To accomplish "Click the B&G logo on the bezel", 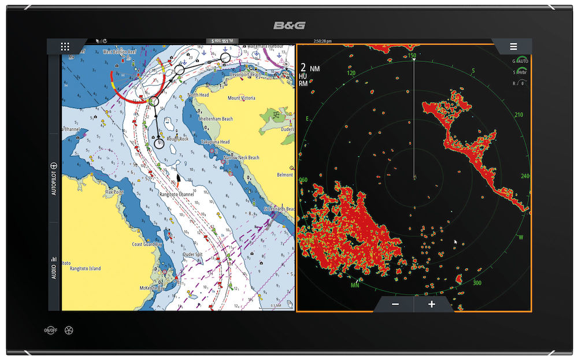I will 289,26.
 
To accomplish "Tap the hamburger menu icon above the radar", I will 513,47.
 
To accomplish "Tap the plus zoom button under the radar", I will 431,305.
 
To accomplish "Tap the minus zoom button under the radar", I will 395,305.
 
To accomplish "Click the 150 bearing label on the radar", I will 412,55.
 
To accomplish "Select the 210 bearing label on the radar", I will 518,115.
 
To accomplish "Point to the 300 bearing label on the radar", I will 477,283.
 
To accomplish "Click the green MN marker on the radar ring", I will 355,285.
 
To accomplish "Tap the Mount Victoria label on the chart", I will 242,98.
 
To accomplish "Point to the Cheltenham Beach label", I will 216,118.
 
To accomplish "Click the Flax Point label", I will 115,192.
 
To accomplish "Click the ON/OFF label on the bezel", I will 51,330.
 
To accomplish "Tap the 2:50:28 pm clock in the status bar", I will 323,42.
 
